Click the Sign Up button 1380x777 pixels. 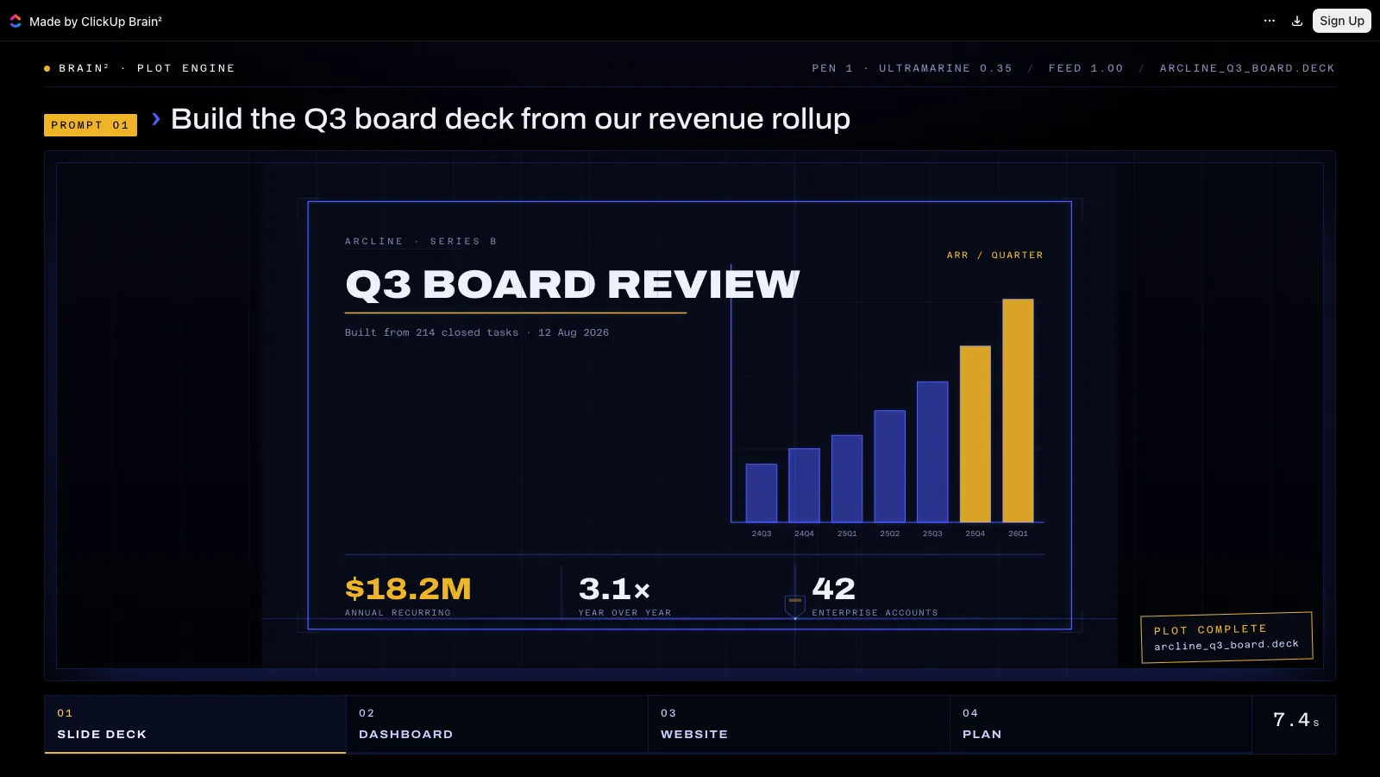[x=1341, y=21]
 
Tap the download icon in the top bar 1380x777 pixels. [x=1297, y=21]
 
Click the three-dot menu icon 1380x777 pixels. [x=1269, y=21]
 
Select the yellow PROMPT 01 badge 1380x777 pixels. [x=91, y=125]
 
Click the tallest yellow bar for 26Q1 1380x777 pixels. [x=1018, y=411]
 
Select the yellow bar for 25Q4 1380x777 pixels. [x=975, y=434]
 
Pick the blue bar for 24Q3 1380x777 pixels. [x=762, y=493]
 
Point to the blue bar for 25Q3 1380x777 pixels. [x=932, y=452]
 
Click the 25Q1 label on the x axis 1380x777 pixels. [x=847, y=534]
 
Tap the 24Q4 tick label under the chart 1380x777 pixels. [x=804, y=534]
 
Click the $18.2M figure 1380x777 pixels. [x=408, y=588]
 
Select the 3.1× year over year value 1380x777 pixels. [x=614, y=588]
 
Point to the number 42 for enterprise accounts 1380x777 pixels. [x=833, y=588]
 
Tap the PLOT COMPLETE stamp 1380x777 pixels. [x=1226, y=638]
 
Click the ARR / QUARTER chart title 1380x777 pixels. [x=995, y=256]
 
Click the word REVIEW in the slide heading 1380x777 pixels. [x=704, y=285]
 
